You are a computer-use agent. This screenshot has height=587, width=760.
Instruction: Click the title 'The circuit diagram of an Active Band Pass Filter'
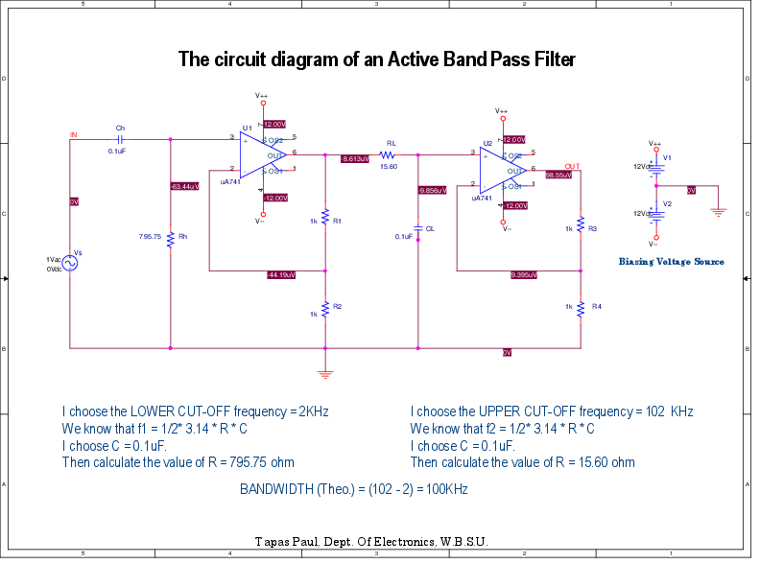[x=377, y=59]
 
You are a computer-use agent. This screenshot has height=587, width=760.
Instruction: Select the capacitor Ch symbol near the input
[x=120, y=139]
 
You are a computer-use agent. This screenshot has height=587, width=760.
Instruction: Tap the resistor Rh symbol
[x=170, y=237]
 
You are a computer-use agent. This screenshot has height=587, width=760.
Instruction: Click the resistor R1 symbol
[x=325, y=219]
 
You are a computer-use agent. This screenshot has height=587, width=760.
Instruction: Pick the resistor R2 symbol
[x=325, y=309]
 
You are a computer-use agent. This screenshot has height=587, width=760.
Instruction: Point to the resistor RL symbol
[x=388, y=154]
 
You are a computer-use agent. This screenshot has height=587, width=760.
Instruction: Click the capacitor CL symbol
[x=418, y=229]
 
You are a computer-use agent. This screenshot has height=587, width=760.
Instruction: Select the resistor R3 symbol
[x=581, y=228]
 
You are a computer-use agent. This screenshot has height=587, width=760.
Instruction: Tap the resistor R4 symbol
[x=581, y=307]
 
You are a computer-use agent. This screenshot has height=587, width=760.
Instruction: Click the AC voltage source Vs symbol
[x=71, y=262]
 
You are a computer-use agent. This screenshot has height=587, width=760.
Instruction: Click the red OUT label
[x=573, y=166]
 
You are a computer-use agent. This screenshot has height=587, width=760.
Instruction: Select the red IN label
[x=73, y=134]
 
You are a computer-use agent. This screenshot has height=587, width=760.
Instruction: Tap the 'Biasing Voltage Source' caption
[x=671, y=261]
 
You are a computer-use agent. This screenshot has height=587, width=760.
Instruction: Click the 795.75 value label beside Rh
[x=150, y=236]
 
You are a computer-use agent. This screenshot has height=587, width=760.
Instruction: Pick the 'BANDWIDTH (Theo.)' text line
[x=353, y=489]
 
